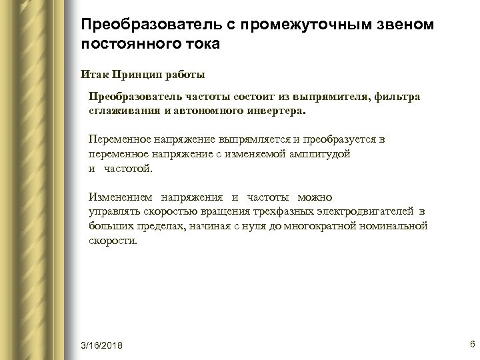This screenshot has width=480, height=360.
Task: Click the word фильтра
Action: point(397,98)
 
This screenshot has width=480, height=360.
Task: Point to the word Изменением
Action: point(121,197)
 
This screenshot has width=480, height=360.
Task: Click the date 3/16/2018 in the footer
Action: point(102,345)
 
